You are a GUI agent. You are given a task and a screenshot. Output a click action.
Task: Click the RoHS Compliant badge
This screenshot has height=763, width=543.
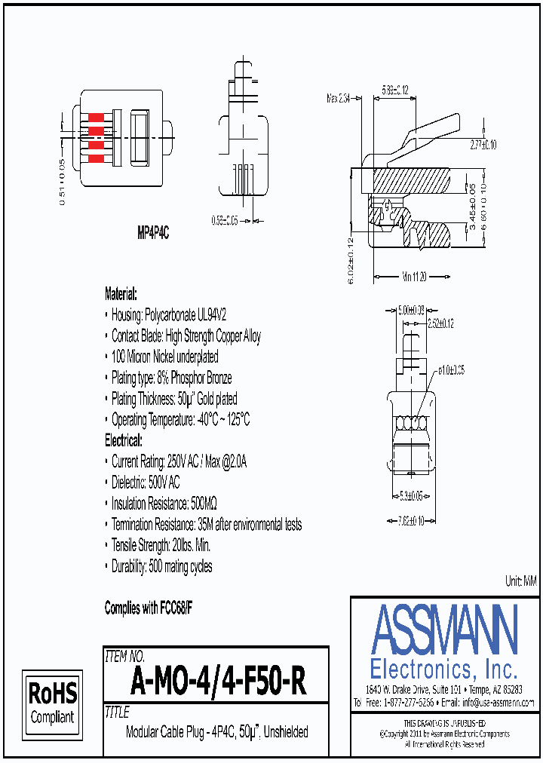pos(52,702)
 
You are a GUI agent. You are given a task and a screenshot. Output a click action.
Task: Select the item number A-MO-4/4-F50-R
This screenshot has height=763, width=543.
pos(218,682)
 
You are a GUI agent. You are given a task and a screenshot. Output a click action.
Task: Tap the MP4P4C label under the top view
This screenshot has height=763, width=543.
pos(152,234)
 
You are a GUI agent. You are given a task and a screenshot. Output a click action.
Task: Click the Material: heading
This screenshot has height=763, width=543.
pos(121,294)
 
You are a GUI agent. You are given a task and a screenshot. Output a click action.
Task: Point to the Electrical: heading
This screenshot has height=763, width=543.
pos(123,440)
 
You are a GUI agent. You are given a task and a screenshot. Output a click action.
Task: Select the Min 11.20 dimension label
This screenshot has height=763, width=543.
pos(416,277)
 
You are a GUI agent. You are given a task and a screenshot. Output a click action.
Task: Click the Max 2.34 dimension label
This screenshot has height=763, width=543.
pos(339,98)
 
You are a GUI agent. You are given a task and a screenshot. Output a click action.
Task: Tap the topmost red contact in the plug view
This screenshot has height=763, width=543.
pos(97,118)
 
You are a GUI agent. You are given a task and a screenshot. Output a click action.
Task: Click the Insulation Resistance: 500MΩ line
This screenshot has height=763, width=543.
pos(164,503)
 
